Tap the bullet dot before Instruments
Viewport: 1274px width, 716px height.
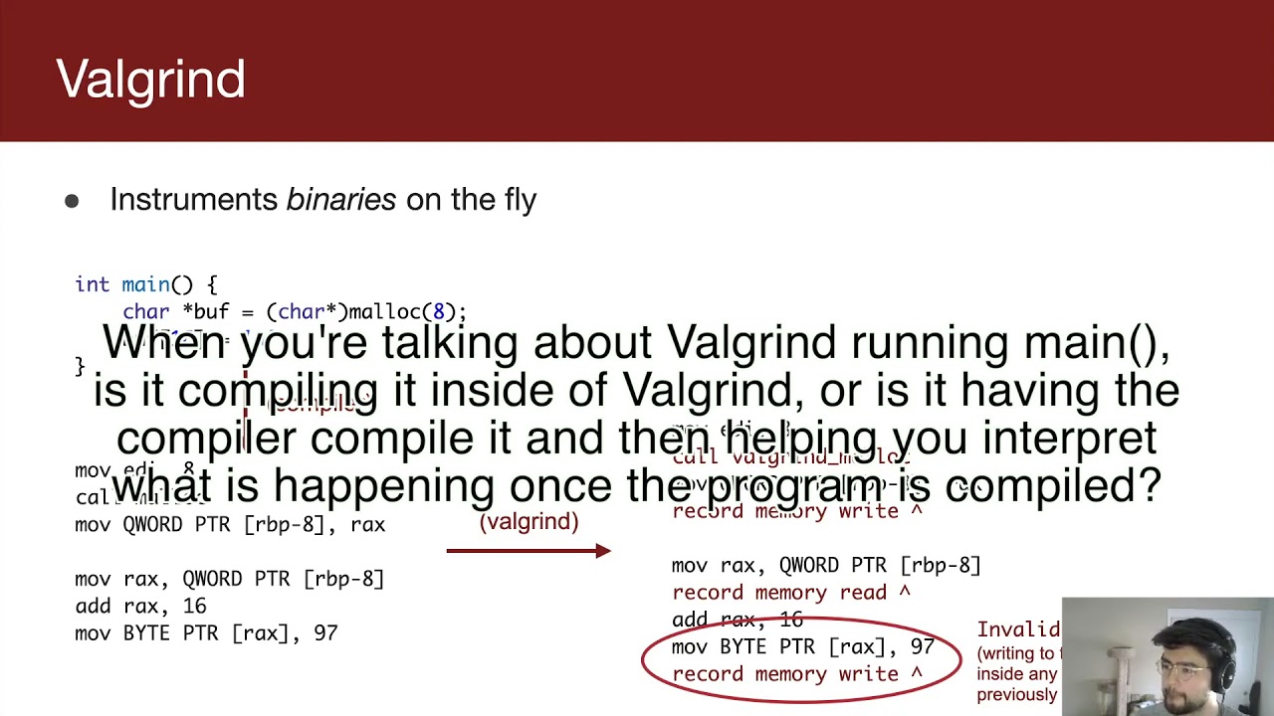tap(72, 201)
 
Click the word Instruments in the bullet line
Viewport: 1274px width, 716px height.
tap(194, 200)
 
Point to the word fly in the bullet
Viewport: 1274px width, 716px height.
tap(516, 200)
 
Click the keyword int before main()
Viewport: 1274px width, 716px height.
tap(92, 284)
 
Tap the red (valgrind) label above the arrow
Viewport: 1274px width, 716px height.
tap(529, 521)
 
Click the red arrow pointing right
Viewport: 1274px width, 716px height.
tap(529, 551)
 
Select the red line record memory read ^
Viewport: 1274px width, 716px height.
tap(791, 593)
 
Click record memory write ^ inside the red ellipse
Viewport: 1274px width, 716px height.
tap(796, 674)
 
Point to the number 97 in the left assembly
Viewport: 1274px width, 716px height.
tap(324, 632)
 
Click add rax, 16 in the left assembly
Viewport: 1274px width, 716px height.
tap(140, 606)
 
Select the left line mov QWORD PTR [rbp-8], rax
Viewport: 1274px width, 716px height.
tap(230, 524)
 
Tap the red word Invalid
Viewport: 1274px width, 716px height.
tap(1017, 629)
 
